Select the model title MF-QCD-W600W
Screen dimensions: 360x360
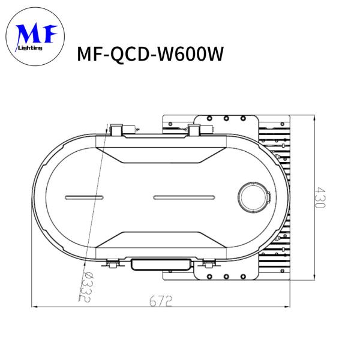[x=151, y=55]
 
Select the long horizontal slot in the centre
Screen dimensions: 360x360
[x=184, y=197]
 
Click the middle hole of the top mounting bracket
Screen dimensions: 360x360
[x=226, y=118]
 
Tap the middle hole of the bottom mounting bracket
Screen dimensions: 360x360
[x=226, y=276]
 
